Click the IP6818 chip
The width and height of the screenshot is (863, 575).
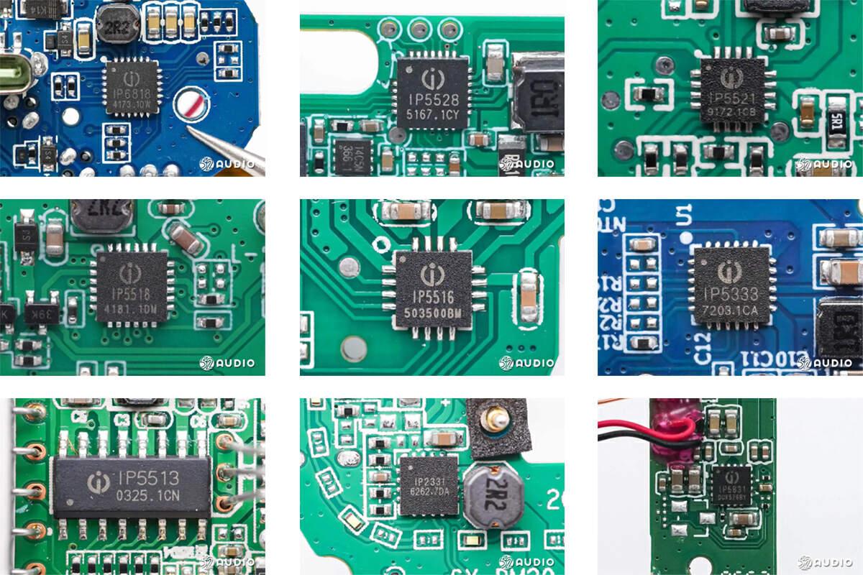coord(132,88)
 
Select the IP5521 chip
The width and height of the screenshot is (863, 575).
coord(731,93)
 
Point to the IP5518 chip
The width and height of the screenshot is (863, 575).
coord(131,286)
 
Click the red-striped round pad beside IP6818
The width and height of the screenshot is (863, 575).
coord(193,105)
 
